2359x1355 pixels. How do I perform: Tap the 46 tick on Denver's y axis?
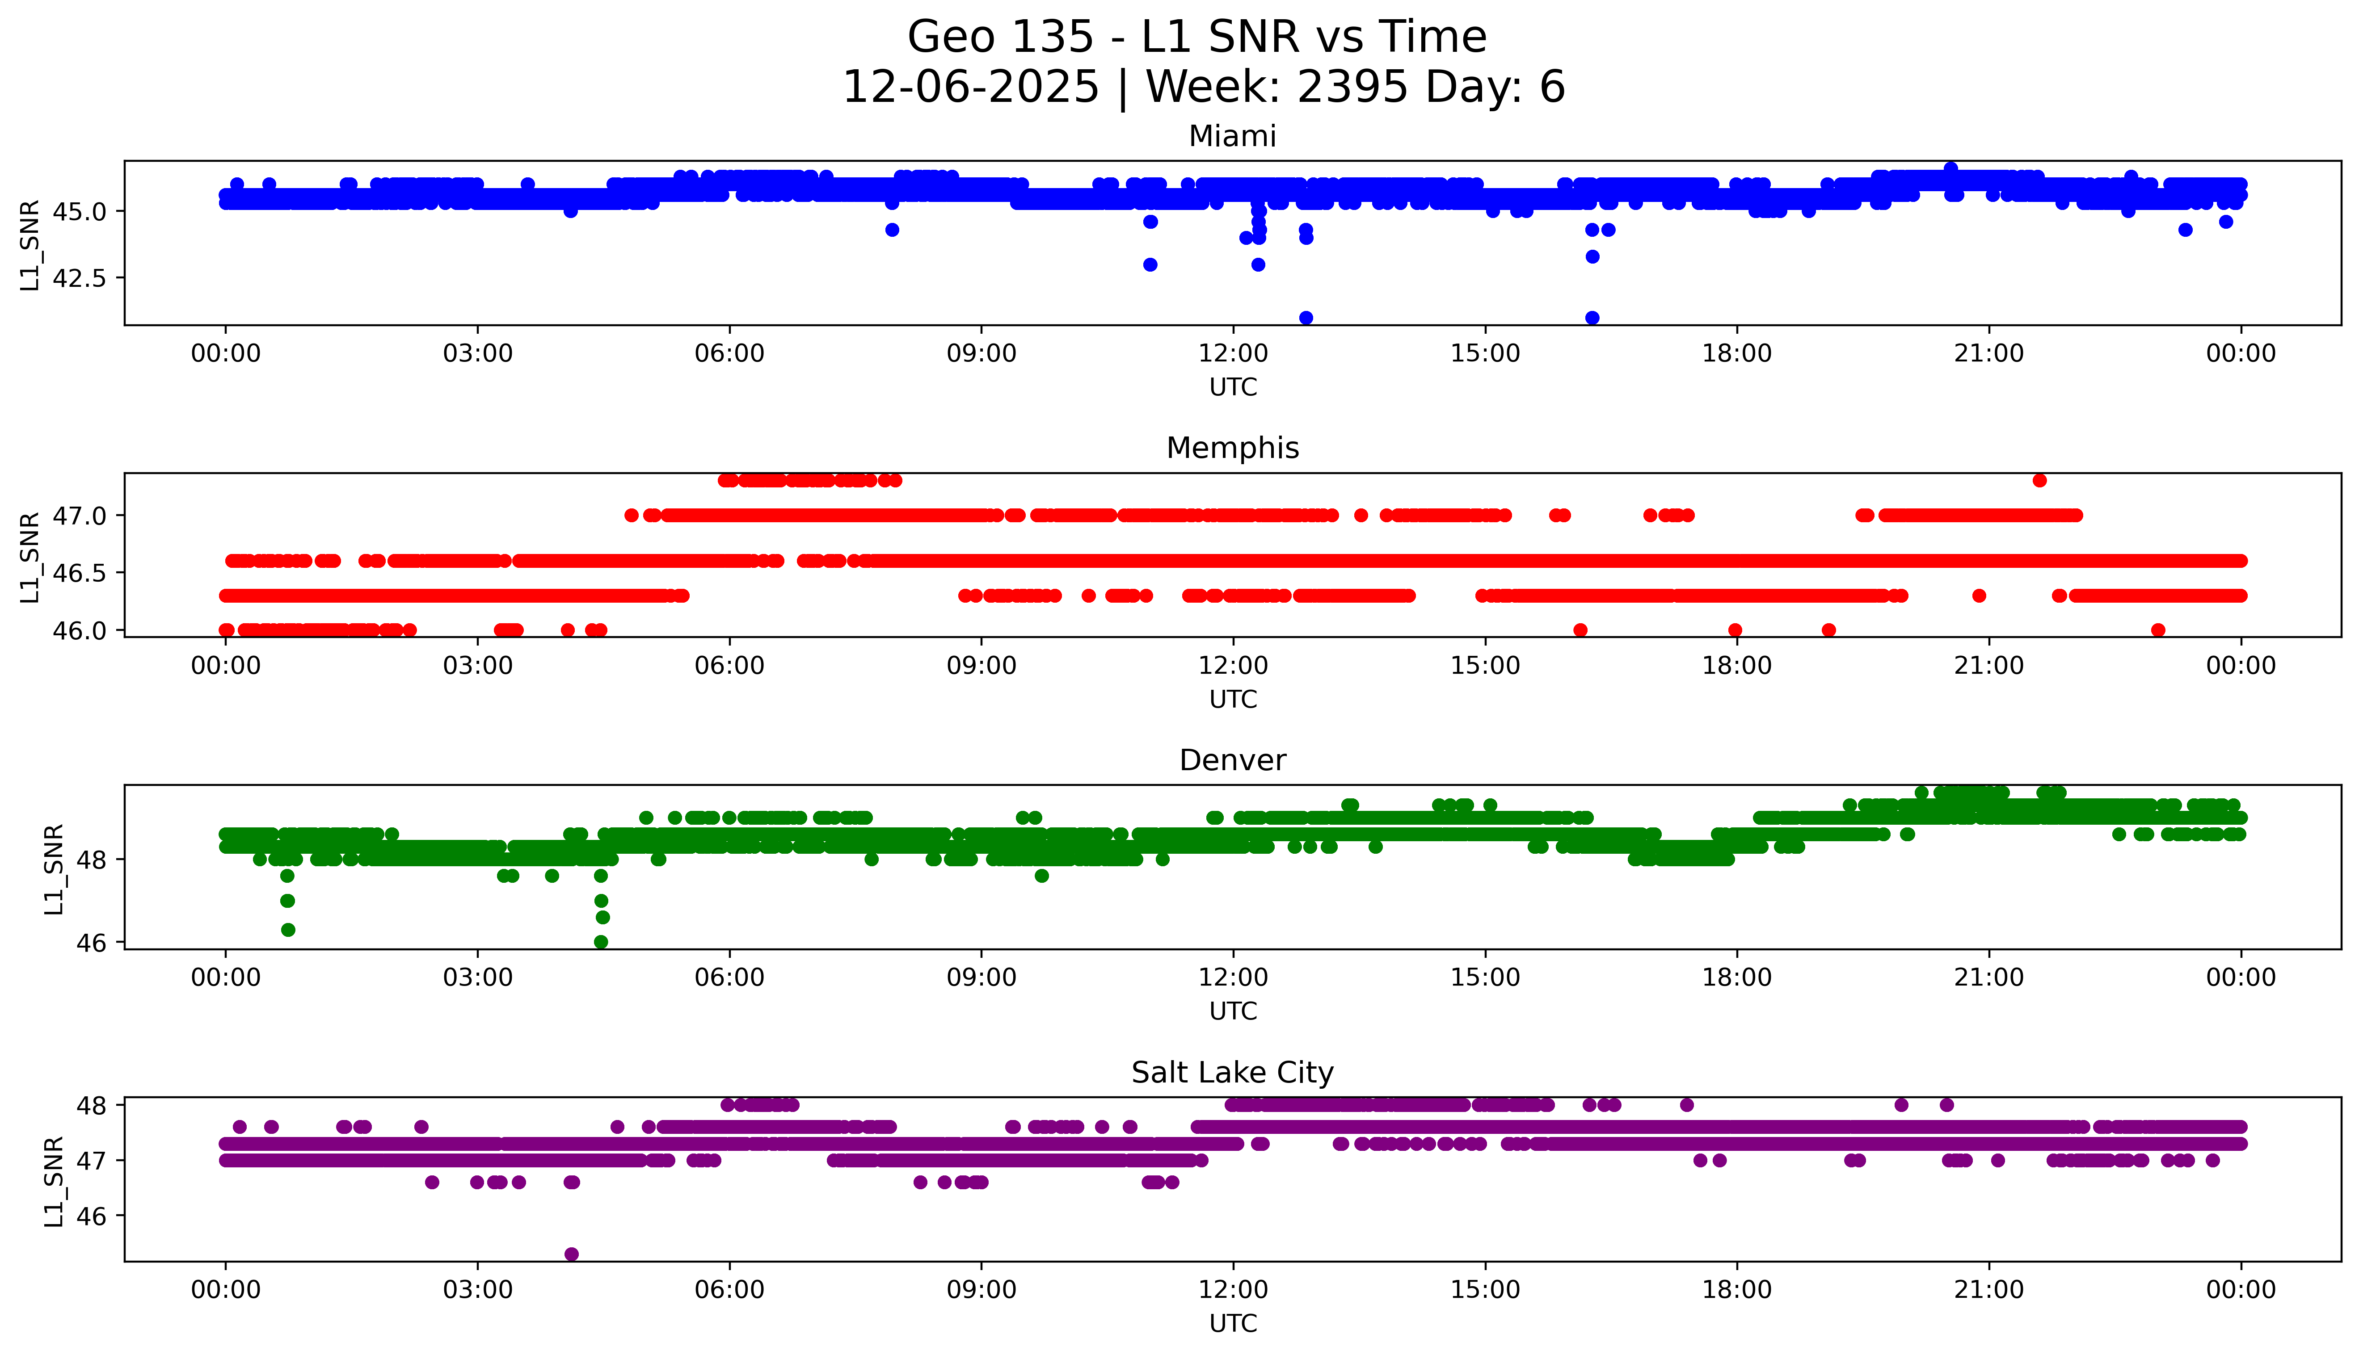pos(94,943)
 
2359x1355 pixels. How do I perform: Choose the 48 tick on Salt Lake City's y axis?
pos(94,1106)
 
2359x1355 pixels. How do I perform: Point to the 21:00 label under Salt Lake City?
pos(1988,1290)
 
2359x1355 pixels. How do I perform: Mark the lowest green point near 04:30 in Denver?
pos(602,942)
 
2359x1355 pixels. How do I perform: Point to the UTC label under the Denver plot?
pos(1233,1011)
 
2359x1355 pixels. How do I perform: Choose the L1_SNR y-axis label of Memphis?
pos(30,557)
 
